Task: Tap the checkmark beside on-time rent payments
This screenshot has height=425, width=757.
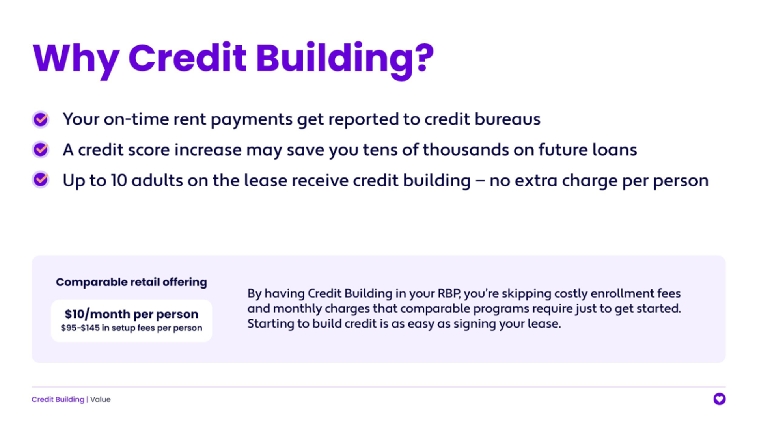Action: point(41,119)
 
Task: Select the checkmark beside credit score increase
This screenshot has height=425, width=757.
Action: point(41,150)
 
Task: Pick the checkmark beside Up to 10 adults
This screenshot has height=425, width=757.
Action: point(41,180)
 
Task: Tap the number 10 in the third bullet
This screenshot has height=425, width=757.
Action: point(119,181)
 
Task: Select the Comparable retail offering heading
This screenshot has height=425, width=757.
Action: point(131,282)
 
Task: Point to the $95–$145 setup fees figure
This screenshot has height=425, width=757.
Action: point(80,328)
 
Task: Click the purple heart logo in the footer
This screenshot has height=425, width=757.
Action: point(719,399)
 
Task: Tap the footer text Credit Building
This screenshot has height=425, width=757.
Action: point(58,400)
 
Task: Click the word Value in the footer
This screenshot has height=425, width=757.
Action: point(101,400)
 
